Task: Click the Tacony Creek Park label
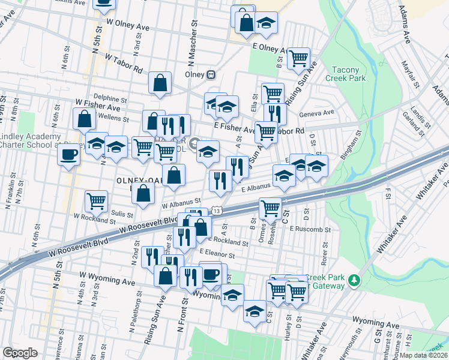[x=345, y=73]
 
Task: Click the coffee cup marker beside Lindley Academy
[x=68, y=155]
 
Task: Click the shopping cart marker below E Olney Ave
[x=298, y=58]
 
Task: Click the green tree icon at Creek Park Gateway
[x=355, y=280]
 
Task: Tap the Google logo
[x=20, y=353]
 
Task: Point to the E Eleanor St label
[x=218, y=255]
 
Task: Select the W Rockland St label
[x=90, y=215]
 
